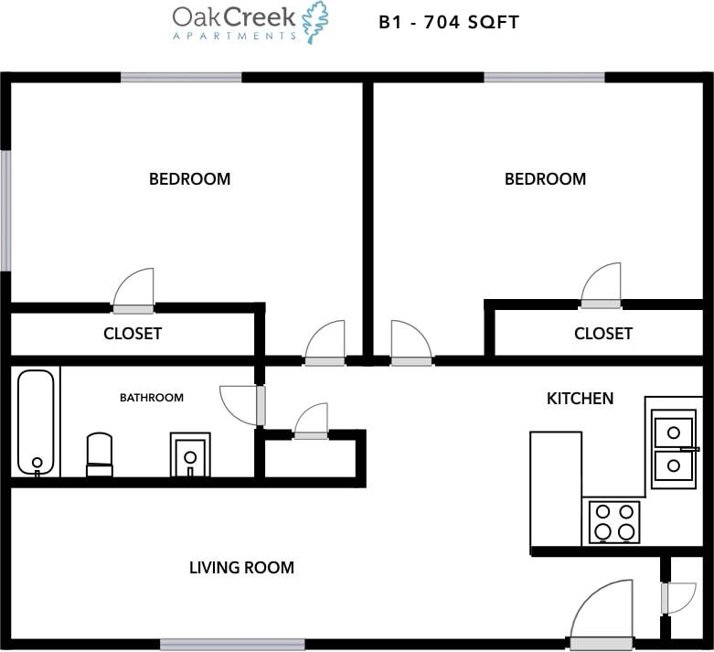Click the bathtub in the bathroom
pyautogui.click(x=37, y=422)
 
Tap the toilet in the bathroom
pyautogui.click(x=99, y=454)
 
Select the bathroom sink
pyautogui.click(x=190, y=454)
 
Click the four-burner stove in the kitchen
pyautogui.click(x=614, y=521)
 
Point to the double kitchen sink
pyautogui.click(x=674, y=448)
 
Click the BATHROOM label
pyautogui.click(x=152, y=398)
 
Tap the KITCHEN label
pyautogui.click(x=580, y=399)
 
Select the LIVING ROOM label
pyautogui.click(x=241, y=568)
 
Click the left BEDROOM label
pyautogui.click(x=189, y=179)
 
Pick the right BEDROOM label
pyautogui.click(x=545, y=179)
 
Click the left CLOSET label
pyautogui.click(x=133, y=334)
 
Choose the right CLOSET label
pyautogui.click(x=602, y=334)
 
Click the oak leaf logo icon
pyautogui.click(x=315, y=22)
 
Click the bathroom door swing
pyautogui.click(x=240, y=405)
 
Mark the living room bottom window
pyautogui.click(x=232, y=644)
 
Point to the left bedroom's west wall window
pyautogui.click(x=5, y=210)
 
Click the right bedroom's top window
pyautogui.click(x=544, y=78)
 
